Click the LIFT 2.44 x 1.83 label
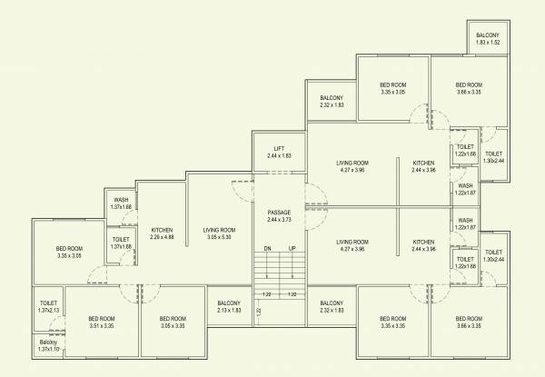[x=279, y=152]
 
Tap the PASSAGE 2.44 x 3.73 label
[x=279, y=215]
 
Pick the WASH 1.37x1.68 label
[x=121, y=203]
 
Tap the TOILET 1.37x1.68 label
[x=121, y=243]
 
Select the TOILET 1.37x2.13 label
[x=49, y=307]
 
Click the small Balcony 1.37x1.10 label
[x=48, y=346]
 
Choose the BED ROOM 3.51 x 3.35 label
[x=101, y=322]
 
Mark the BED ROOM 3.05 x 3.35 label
[x=173, y=322]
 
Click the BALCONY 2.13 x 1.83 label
[x=229, y=307]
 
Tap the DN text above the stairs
[x=267, y=248]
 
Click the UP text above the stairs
[x=292, y=248]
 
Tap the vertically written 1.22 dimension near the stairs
[x=258, y=313]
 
